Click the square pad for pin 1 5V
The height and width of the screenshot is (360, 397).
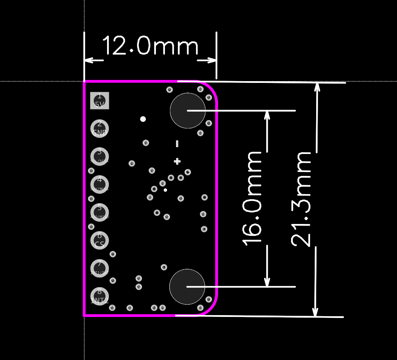point(100,100)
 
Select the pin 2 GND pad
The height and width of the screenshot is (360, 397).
point(100,128)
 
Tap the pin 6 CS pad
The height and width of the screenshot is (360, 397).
point(100,240)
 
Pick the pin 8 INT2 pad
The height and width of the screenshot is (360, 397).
point(100,296)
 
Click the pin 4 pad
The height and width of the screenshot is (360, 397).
point(100,184)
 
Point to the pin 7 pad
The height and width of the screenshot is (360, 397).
point(100,268)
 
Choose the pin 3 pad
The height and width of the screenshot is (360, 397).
point(100,156)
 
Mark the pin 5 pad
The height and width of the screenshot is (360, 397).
point(100,212)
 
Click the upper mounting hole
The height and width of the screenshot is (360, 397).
point(188,111)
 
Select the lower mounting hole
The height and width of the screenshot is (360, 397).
point(187,287)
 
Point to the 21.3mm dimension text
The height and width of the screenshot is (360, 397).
point(301,199)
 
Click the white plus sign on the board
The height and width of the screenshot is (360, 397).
point(177,161)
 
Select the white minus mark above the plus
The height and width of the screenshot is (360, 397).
point(177,144)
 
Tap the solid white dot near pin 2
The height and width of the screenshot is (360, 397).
point(143,119)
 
